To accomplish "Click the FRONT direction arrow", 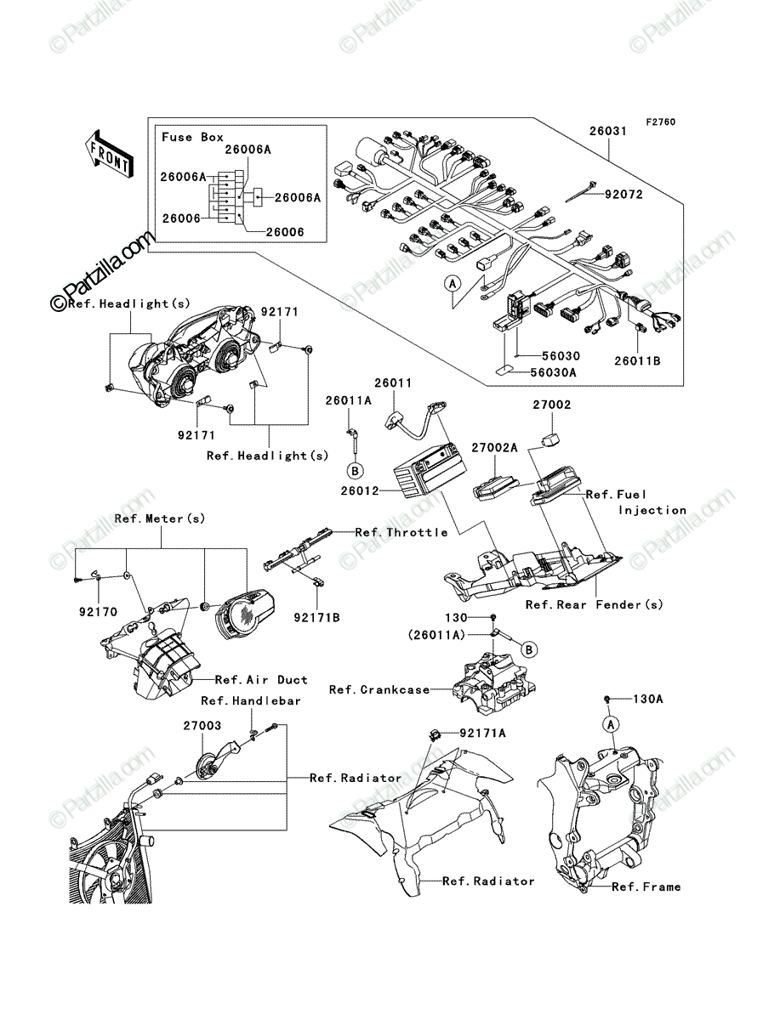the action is coord(109,154).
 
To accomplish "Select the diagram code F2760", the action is coord(660,122).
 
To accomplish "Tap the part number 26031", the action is coord(608,131).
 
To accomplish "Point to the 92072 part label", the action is coord(623,195).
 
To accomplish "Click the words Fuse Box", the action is coord(193,137).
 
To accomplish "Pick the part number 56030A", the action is coord(553,372).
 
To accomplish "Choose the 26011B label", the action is coord(637,360).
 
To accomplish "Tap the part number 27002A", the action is coord(494,447).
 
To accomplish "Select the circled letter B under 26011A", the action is coord(355,471).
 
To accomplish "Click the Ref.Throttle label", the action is coord(401,532).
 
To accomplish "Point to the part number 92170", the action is coord(98,612).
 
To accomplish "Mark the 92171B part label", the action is coord(316,618).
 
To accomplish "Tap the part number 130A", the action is coord(647,711).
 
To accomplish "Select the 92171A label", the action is coord(482,733).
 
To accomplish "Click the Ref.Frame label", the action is coord(646,887).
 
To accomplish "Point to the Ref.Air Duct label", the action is coord(261,680).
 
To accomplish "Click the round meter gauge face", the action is coord(245,614).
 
